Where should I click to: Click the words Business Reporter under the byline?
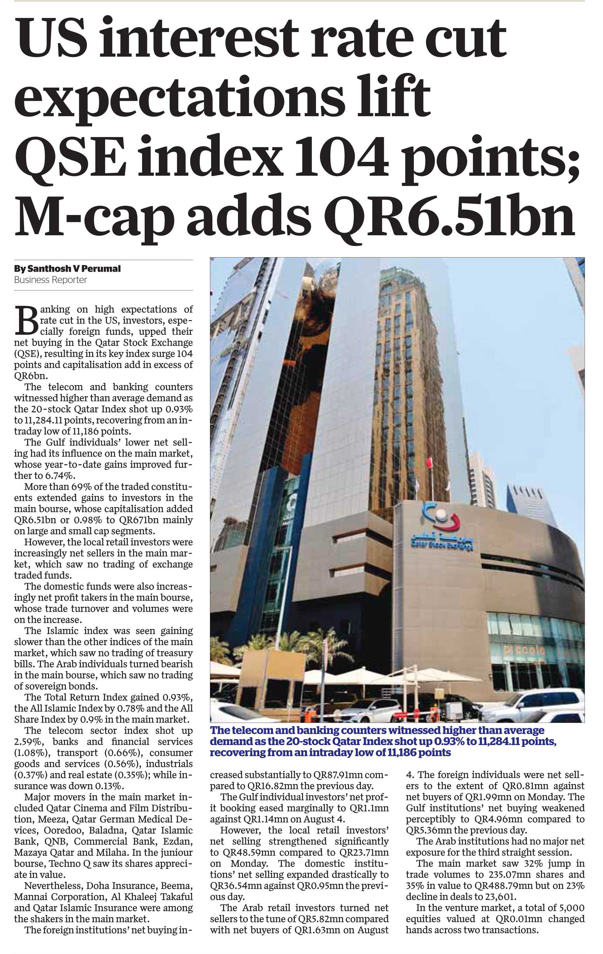pos(50,280)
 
